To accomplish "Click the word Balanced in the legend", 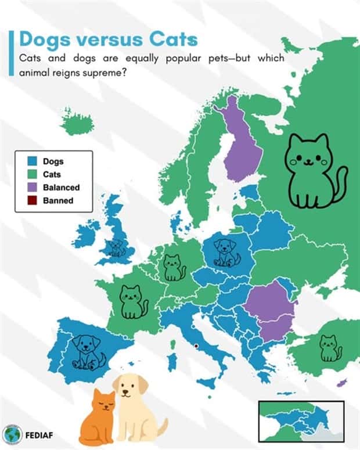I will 61,188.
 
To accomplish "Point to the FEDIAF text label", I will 41,434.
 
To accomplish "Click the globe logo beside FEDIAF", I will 12,434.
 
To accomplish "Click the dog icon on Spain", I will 87,351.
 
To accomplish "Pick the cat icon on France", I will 133,301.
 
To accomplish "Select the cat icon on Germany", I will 173,267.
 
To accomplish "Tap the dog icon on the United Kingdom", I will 118,248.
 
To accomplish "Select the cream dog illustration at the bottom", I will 136,409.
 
